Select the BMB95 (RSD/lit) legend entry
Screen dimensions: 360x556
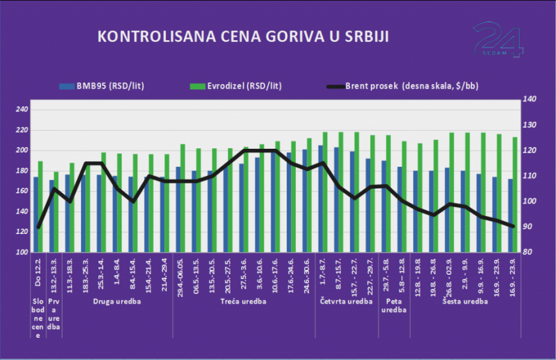pyautogui.click(x=108, y=86)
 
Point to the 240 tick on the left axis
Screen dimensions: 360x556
pyautogui.click(x=22, y=110)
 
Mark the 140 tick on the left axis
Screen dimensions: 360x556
pyautogui.click(x=22, y=212)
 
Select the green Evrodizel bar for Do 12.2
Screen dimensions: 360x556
pyautogui.click(x=41, y=207)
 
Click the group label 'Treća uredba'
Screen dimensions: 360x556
pyautogui.click(x=245, y=302)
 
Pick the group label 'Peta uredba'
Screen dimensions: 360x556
pyautogui.click(x=394, y=306)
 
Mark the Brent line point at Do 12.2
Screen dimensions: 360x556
pyautogui.click(x=38, y=227)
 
